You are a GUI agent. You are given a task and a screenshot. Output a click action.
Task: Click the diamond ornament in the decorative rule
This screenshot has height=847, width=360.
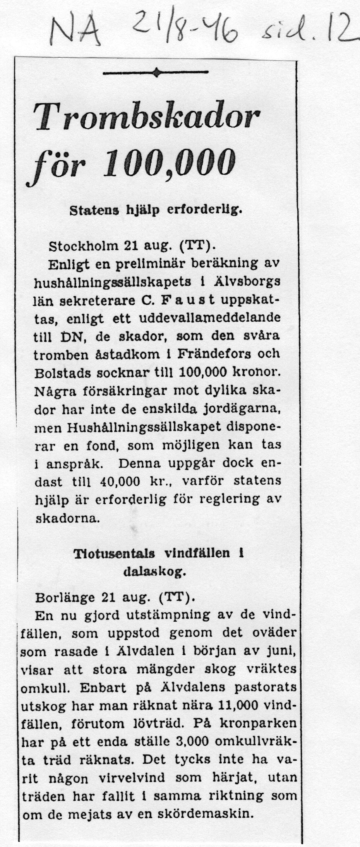[156, 72]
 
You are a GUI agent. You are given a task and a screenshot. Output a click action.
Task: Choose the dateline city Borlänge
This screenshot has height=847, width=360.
[65, 597]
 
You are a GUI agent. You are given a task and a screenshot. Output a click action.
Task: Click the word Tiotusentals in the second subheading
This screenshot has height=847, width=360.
[114, 554]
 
